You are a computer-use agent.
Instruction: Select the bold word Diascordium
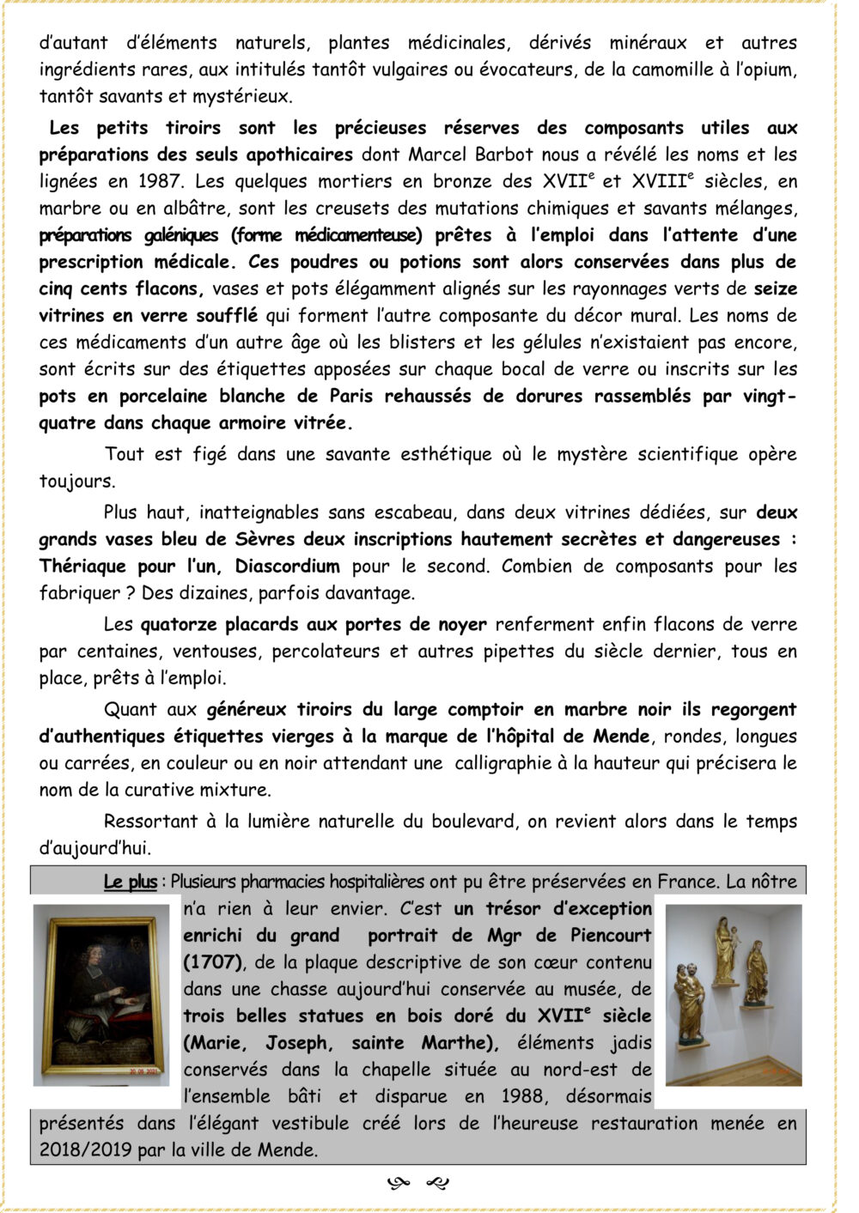click(x=288, y=567)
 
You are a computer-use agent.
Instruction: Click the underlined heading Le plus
click(x=131, y=882)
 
